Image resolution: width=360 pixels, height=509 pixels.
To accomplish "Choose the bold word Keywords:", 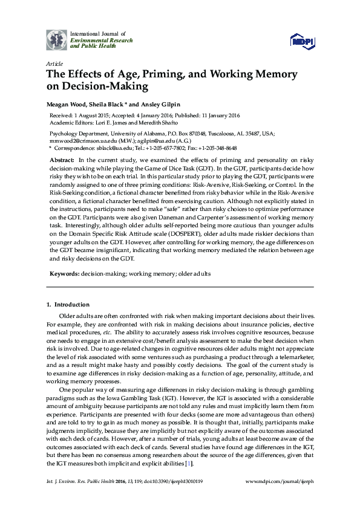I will pos(64,273).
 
